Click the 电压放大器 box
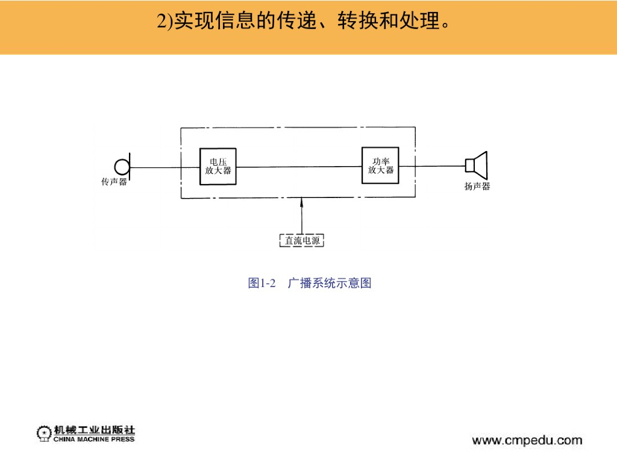coord(218,166)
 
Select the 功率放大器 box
coord(380,166)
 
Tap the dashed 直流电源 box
coord(302,241)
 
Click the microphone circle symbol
coord(122,166)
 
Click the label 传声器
coord(114,182)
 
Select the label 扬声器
coord(477,187)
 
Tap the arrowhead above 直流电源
coord(302,202)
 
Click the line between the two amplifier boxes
coord(299,167)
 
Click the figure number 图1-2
coord(262,283)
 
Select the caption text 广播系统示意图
coord(330,283)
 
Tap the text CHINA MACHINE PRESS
coord(94,439)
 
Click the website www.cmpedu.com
coord(527,441)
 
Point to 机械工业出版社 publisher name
coord(94,430)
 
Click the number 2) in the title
coord(164,22)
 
